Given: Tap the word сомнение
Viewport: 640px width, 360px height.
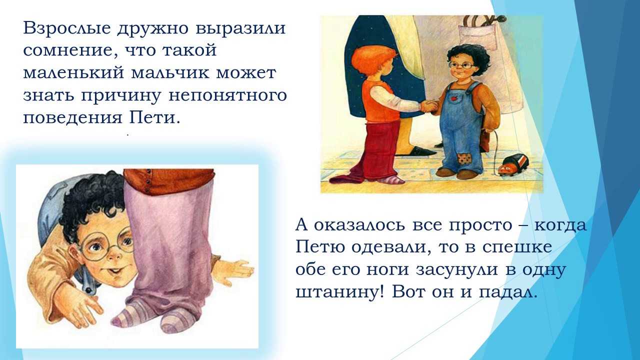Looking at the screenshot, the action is point(69,50).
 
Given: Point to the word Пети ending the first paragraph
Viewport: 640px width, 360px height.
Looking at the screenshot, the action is point(155,117).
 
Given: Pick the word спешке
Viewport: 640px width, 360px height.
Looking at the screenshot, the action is point(517,247).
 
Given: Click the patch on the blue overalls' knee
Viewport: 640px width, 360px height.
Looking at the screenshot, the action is point(465,159).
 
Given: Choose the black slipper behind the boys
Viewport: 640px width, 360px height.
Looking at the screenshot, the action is point(417,151).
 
